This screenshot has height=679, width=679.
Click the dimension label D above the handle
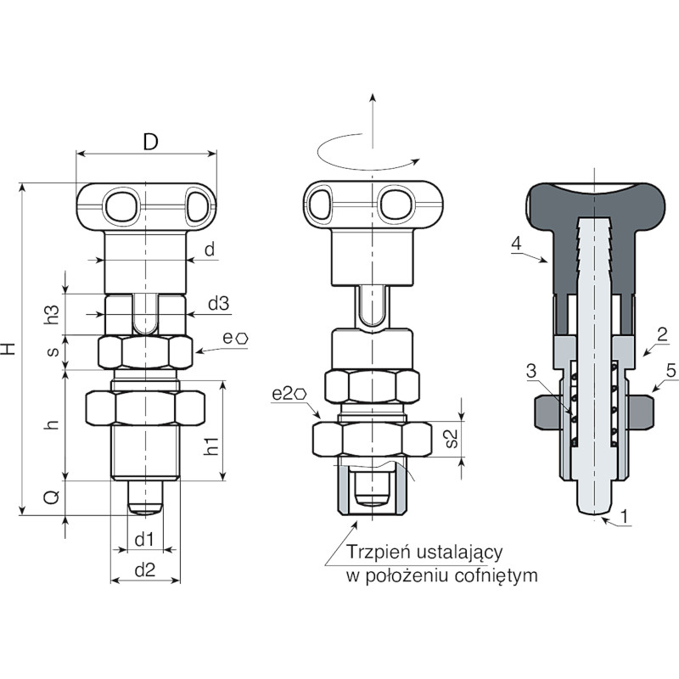[x=151, y=142]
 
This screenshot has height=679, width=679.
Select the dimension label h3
[x=53, y=313]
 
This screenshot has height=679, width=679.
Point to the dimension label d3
[x=218, y=304]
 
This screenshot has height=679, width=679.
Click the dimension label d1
[x=144, y=540]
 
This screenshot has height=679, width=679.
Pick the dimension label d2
[x=144, y=570]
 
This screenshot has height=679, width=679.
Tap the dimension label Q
[x=52, y=497]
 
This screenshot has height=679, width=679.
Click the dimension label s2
[x=451, y=438]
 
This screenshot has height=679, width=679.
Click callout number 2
[x=662, y=334]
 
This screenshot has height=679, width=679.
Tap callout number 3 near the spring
[x=531, y=371]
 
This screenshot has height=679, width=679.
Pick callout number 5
[x=671, y=371]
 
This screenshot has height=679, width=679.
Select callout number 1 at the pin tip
[x=624, y=516]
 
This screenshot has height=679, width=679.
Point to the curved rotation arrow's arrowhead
[x=415, y=161]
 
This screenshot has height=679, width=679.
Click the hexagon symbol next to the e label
[x=242, y=339]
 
